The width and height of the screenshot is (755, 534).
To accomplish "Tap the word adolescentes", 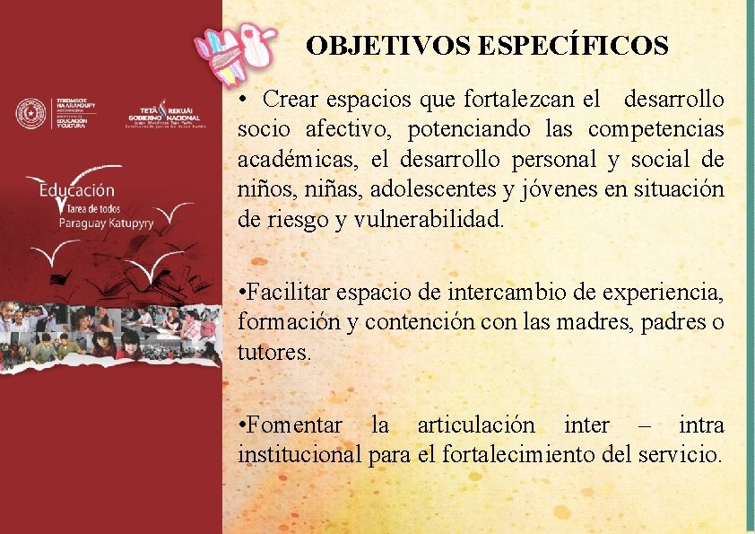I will (428, 190).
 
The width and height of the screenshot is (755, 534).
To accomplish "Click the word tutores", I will (273, 353).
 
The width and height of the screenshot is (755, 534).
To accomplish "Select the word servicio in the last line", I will (681, 454).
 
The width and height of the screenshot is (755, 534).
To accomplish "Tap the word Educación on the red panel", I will (77, 190).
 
